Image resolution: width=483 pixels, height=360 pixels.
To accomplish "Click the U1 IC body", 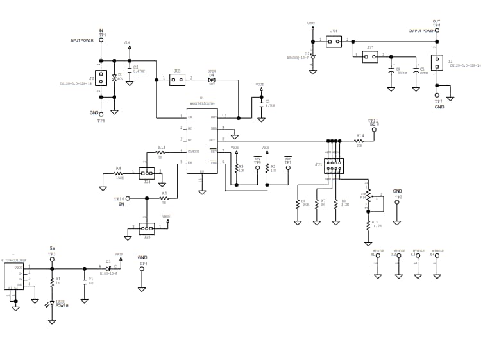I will tap(201, 141).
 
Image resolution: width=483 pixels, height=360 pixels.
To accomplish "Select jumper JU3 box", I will tap(178, 80).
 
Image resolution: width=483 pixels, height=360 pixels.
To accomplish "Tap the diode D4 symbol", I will tap(211, 80).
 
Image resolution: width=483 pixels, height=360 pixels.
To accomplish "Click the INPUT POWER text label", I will tap(82, 40).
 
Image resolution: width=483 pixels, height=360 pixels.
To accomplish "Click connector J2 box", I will tap(101, 78).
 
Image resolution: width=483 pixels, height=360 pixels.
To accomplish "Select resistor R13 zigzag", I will tap(161, 152).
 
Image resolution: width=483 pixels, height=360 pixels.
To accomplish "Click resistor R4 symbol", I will tap(119, 173).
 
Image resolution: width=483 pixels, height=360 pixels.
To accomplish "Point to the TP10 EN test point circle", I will tap(128, 198).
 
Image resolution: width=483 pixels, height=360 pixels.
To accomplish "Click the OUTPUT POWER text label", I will tap(421, 31).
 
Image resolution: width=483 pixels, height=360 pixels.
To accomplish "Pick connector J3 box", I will tap(436, 63).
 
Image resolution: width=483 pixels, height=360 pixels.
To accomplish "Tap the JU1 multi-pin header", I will tap(334, 166).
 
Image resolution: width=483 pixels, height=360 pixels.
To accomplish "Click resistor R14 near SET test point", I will tap(359, 141).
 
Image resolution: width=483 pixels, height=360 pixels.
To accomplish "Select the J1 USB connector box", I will tap(14, 277).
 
